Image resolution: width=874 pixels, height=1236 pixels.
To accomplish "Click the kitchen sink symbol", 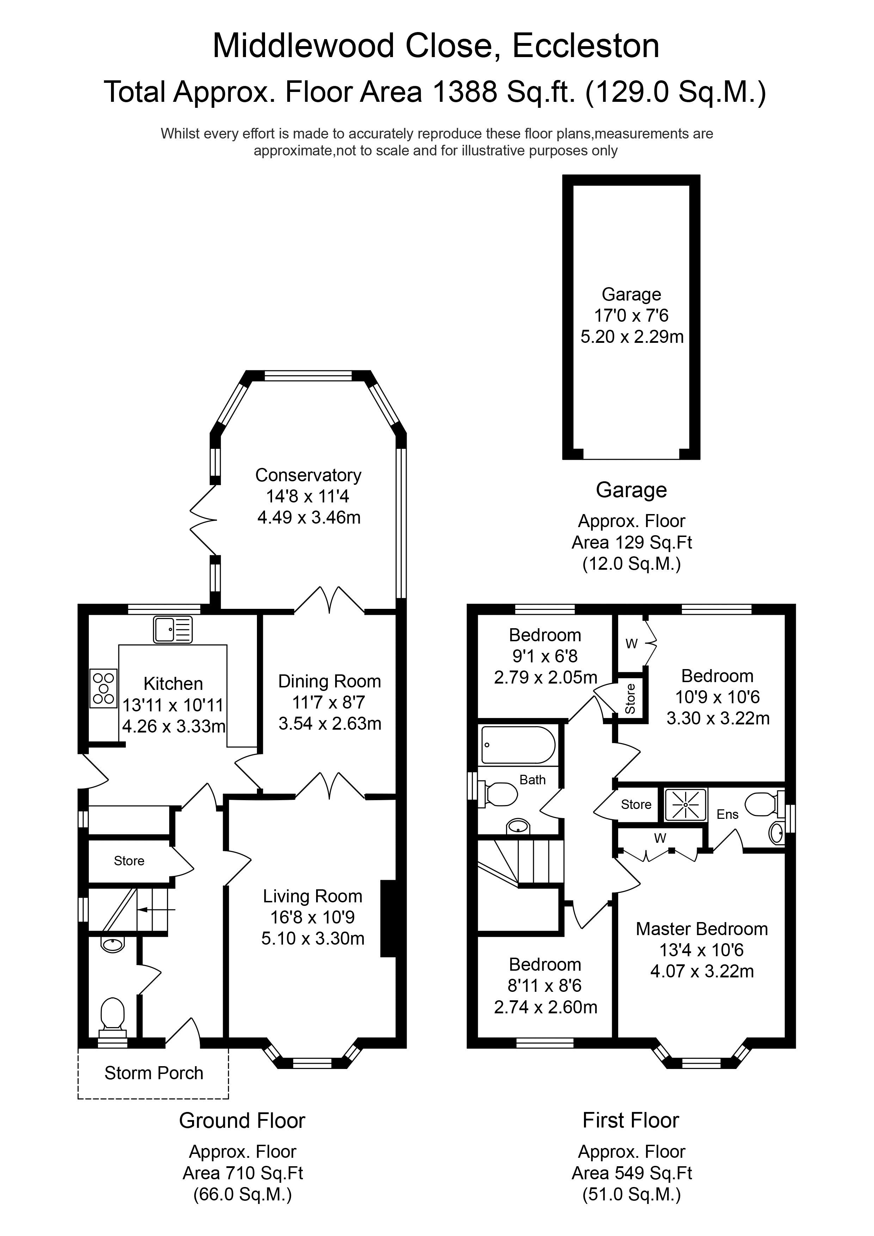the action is click(x=173, y=629).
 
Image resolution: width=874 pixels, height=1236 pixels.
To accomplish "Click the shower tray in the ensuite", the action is click(x=685, y=805).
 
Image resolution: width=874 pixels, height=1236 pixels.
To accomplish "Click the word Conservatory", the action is click(x=308, y=475).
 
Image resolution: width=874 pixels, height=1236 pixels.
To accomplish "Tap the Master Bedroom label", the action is click(x=702, y=929).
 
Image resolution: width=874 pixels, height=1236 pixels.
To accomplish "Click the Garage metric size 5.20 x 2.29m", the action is click(x=632, y=336).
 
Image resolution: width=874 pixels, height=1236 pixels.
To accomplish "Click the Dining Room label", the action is click(x=330, y=681).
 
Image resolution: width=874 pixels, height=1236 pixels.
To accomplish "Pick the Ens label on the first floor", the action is click(x=727, y=815).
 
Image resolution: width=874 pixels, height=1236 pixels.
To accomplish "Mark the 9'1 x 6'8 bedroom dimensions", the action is click(x=544, y=656).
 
